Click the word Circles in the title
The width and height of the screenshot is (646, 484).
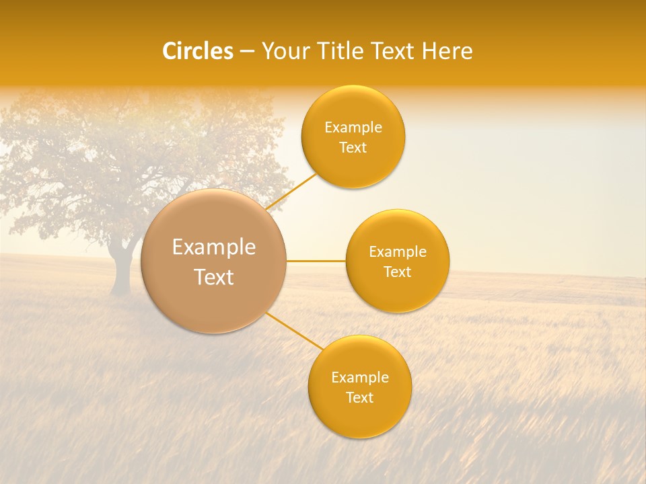[197, 51]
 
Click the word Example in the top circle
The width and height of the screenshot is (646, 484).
[353, 128]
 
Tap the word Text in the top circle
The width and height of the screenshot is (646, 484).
[353, 147]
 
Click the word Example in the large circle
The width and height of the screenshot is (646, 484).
[214, 247]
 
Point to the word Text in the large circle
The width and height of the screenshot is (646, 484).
[214, 277]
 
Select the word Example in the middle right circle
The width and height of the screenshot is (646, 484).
[398, 252]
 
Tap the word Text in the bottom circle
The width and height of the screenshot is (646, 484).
[360, 397]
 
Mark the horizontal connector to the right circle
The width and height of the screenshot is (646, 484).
[316, 261]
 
